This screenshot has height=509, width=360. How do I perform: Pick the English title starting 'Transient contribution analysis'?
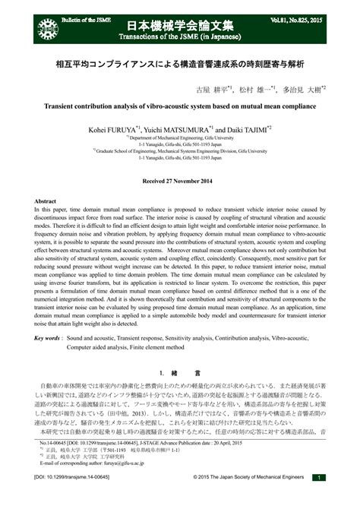[180, 107]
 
